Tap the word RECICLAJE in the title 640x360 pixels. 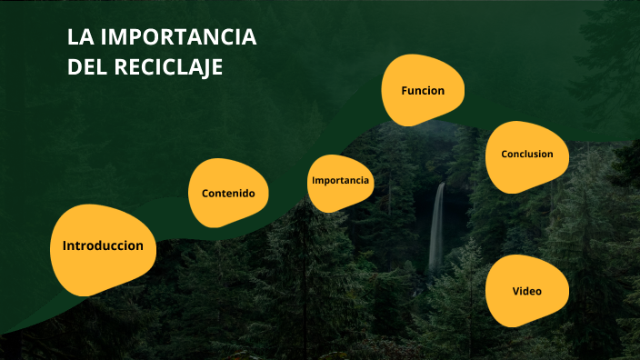pos(171,67)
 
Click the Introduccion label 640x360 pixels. pos(103,246)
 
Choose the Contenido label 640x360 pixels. pos(228,194)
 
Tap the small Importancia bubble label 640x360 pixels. pos(341,180)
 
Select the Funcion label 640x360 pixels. pos(423,91)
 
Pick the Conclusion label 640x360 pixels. pos(527,155)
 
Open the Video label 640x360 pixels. pos(527,292)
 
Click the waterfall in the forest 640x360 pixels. pos(437,227)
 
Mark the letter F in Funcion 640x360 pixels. pos(405,91)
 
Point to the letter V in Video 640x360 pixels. pos(515,292)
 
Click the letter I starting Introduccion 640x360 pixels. pos(65,246)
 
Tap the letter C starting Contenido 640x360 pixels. pos(205,194)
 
